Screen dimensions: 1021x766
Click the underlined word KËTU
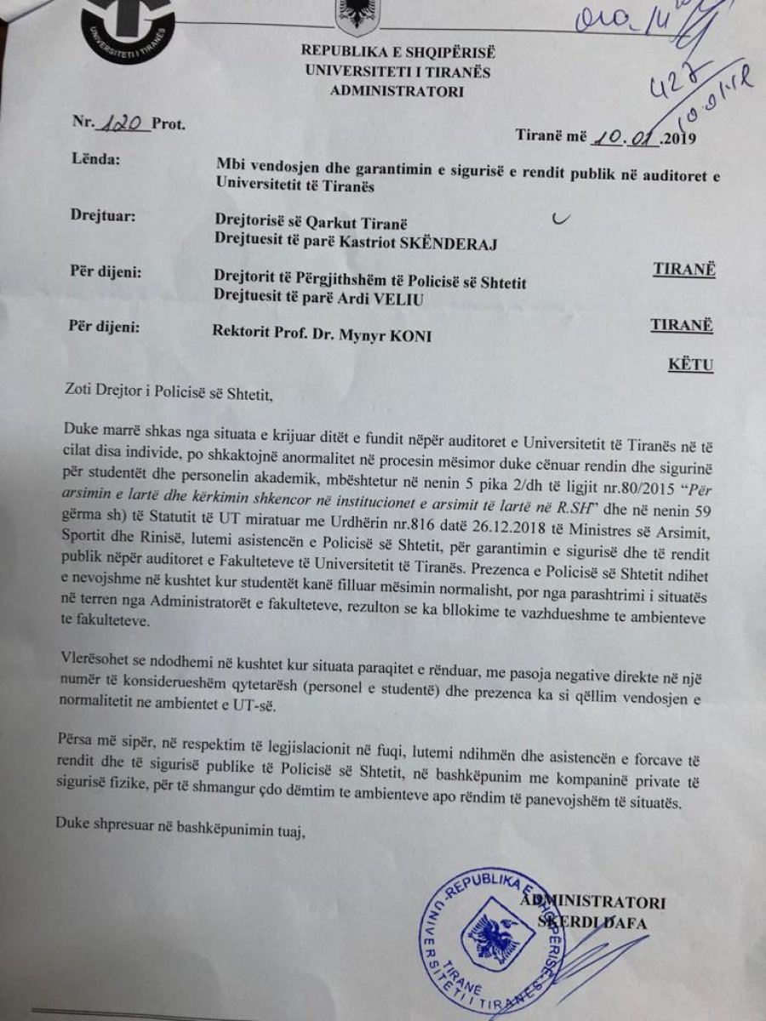click(689, 365)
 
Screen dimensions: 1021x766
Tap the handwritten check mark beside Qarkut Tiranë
click(559, 220)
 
